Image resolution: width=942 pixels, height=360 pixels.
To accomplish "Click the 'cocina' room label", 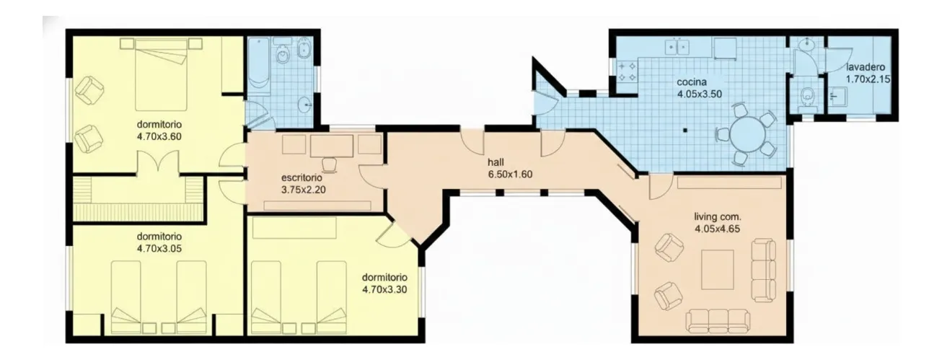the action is [692, 82].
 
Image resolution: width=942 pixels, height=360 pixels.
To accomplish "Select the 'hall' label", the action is [496, 162].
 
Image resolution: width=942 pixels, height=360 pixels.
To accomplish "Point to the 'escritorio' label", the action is [301, 178].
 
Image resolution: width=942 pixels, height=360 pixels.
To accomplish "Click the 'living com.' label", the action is [718, 217].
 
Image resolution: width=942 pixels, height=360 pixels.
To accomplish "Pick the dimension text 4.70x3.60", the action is [159, 136].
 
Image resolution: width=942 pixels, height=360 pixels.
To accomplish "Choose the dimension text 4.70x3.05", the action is [159, 249].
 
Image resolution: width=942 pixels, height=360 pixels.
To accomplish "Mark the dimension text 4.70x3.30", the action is [384, 289].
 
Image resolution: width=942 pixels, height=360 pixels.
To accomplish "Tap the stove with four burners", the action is [627, 71].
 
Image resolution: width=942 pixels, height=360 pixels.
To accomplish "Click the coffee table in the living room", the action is [718, 270].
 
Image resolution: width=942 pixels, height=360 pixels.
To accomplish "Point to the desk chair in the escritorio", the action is [330, 165].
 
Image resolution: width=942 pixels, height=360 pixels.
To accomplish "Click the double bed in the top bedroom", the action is [161, 74].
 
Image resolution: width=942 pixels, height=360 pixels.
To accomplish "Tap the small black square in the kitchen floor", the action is [685, 131].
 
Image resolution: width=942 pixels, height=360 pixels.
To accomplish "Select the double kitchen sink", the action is [677, 46].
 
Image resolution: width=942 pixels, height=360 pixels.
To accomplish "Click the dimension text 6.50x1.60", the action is [510, 174].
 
